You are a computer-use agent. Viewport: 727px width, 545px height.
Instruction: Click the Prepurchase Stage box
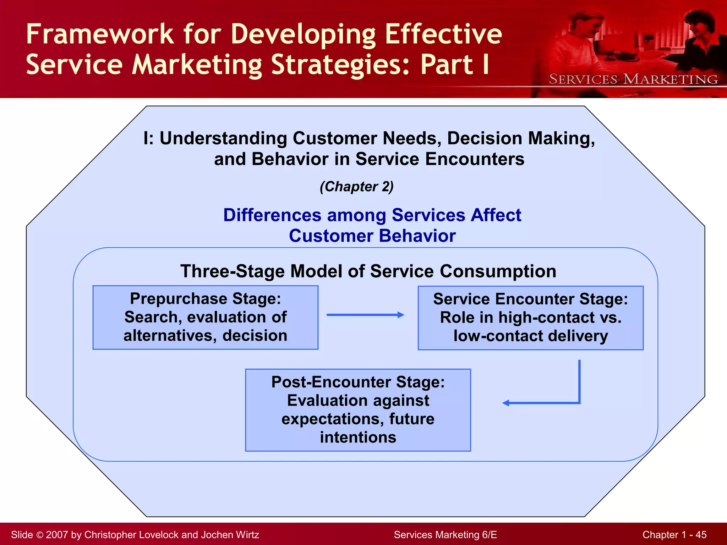pos(205,317)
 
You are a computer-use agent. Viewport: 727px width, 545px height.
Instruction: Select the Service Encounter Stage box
pos(530,318)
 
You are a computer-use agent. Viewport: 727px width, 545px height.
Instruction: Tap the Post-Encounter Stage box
pos(358,410)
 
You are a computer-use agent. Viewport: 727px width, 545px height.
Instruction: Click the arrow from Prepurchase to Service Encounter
pos(365,315)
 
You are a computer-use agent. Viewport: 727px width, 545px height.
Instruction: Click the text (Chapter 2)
pos(356,187)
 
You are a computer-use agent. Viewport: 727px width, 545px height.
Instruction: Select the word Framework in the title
pos(100,34)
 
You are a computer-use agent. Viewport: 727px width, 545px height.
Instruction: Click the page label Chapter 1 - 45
pos(674,535)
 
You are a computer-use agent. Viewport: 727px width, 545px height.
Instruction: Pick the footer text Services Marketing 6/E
pos(445,535)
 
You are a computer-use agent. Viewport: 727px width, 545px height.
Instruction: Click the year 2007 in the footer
pos(57,535)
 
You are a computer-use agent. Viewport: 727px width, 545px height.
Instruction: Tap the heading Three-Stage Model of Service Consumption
pos(368,271)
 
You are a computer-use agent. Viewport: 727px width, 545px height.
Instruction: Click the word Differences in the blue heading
pos(272,215)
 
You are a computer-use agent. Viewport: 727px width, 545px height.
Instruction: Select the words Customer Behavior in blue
pos(372,236)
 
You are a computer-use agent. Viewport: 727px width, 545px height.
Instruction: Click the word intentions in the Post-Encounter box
pos(358,437)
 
